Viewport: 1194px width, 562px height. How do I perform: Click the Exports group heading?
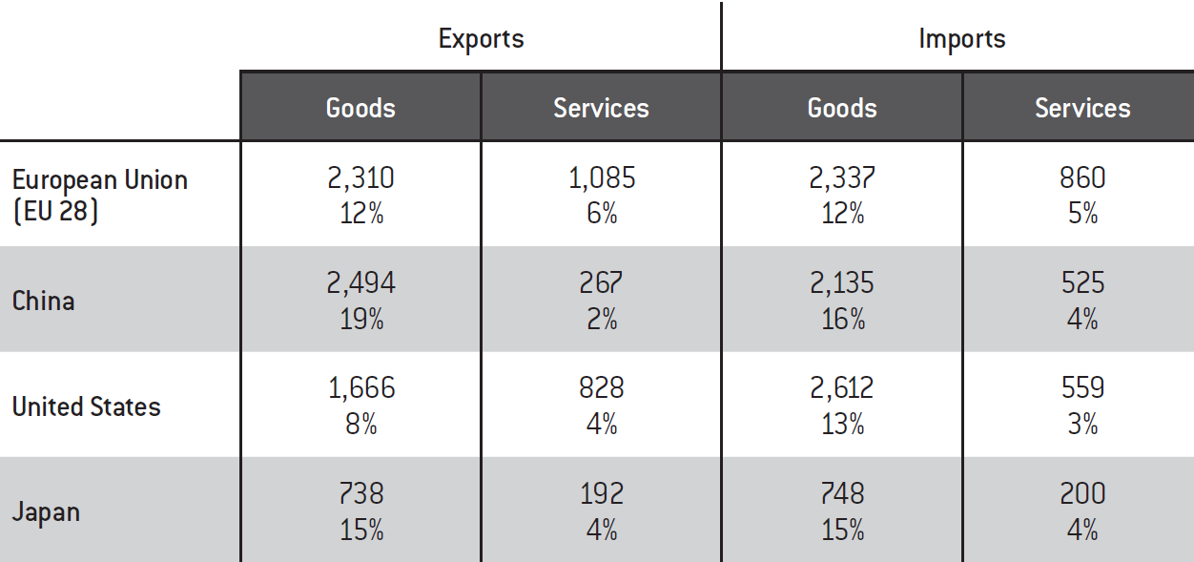point(481,39)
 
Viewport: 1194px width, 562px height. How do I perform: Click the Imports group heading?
point(962,39)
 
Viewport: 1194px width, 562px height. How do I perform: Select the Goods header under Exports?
point(360,108)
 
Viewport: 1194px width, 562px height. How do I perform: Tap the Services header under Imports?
point(1082,108)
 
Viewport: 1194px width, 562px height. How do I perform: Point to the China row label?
point(43,301)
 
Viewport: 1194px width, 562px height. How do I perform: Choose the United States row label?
point(86,406)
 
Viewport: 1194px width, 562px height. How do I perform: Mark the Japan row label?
point(46,512)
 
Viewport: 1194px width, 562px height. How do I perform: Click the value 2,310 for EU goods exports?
point(360,177)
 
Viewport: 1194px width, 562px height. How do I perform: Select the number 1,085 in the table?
point(601,177)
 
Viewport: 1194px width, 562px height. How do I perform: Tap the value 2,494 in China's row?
point(360,283)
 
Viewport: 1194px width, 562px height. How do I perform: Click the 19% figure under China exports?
point(360,320)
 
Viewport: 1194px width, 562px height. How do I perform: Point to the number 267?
point(601,283)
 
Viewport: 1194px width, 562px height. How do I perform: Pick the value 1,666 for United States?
point(360,388)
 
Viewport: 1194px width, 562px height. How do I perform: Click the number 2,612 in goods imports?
point(842,388)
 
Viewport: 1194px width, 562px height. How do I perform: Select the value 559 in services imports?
point(1082,388)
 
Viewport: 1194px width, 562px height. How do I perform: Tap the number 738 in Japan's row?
point(360,493)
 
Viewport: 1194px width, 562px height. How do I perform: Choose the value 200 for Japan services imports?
point(1082,493)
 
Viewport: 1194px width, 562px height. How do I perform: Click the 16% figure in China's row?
point(842,320)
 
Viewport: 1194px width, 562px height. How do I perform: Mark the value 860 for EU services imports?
point(1082,177)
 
